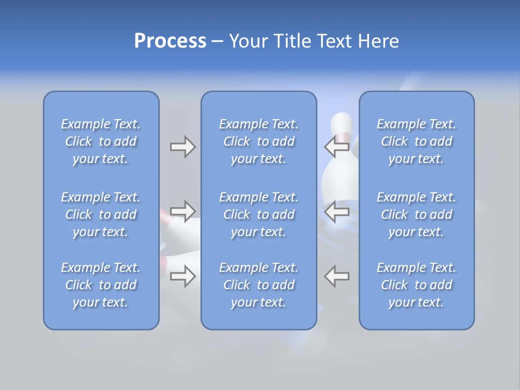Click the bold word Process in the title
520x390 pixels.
pos(170,41)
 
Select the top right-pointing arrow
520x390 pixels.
pos(183,146)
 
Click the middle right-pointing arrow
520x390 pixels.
pos(183,211)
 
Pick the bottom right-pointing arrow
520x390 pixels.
pos(183,276)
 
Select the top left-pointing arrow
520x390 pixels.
pos(337,146)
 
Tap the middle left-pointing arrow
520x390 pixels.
pos(337,211)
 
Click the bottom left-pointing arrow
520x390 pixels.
pos(337,276)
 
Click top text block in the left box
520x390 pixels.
pos(101,141)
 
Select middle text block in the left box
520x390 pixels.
pos(101,214)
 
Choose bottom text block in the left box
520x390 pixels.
pos(101,285)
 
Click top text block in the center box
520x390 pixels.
pos(258,141)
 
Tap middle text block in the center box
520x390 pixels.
pos(258,214)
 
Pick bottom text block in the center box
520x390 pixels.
pos(258,285)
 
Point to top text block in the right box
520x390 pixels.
pos(416,141)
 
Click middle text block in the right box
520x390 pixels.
pos(416,214)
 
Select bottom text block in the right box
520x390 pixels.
pos(416,285)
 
